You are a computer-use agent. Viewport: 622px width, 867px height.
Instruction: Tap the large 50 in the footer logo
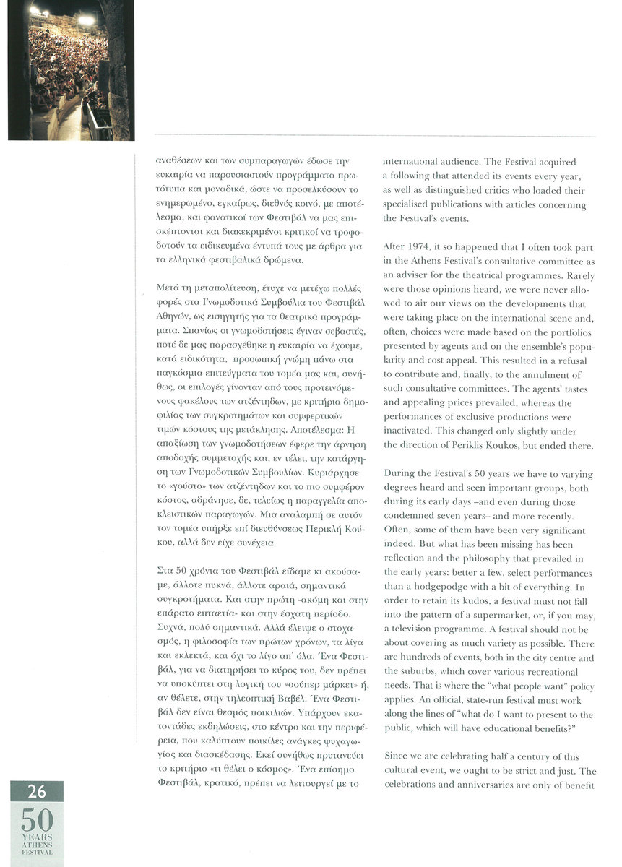point(35,818)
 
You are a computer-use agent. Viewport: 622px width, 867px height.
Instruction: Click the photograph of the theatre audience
point(71,69)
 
